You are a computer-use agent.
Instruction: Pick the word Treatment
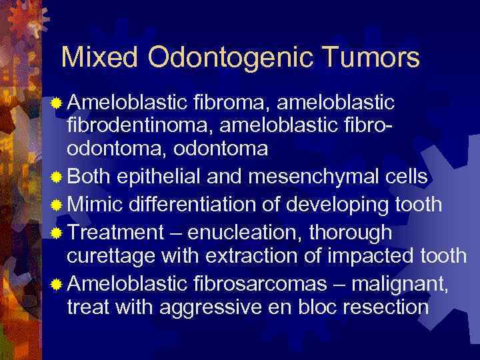[x=115, y=232]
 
